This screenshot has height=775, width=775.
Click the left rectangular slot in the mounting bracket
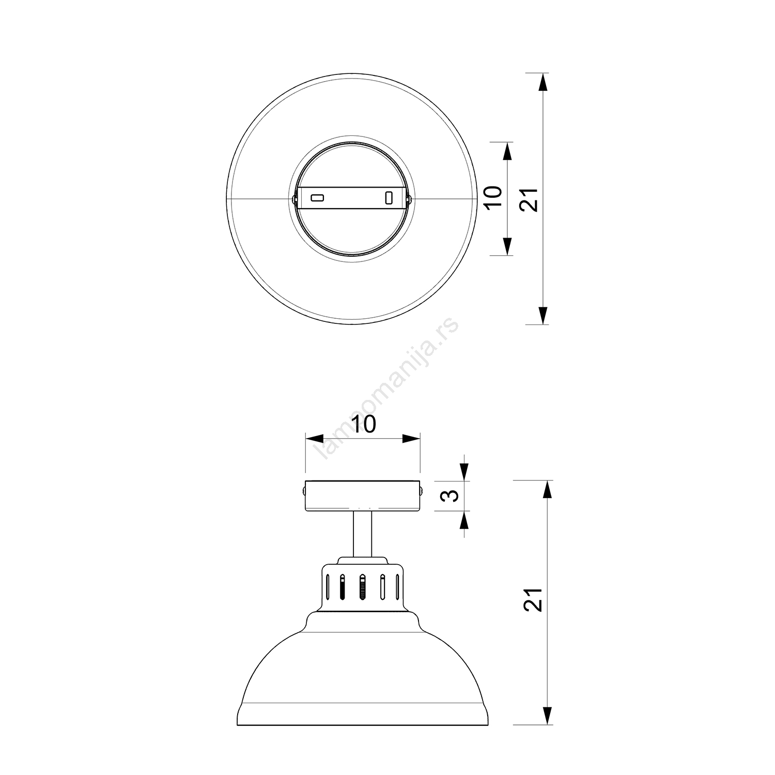(317, 198)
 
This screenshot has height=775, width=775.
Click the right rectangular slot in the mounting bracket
(389, 198)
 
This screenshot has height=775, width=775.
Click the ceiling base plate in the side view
(363, 496)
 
